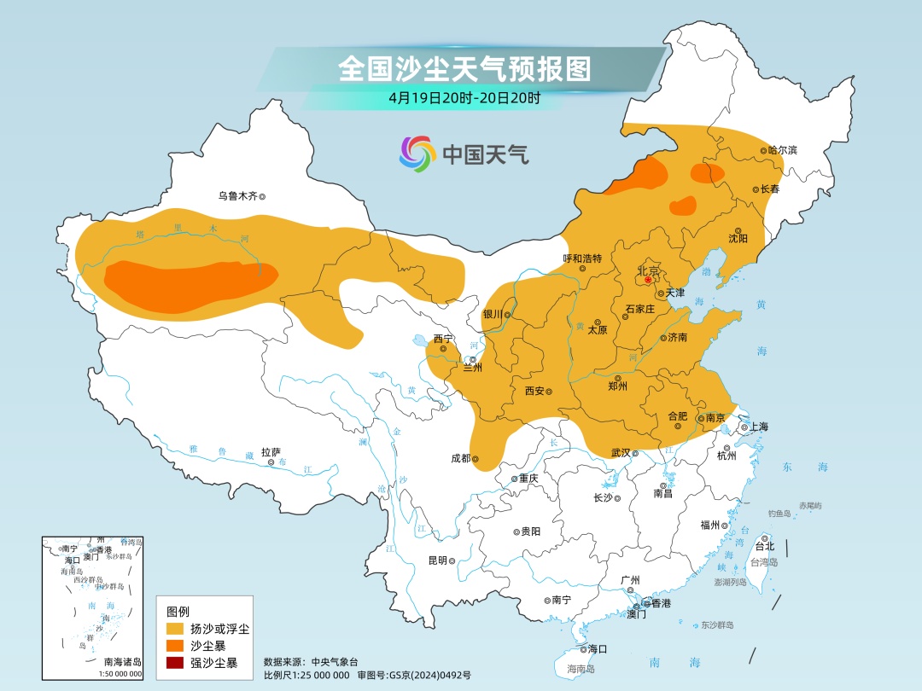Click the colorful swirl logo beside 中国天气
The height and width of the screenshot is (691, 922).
417,154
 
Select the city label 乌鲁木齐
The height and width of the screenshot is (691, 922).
236,196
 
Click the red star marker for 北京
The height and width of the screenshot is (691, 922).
648,279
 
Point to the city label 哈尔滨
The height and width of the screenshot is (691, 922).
782,150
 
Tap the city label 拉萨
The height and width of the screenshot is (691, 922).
271,453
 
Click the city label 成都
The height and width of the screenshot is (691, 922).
460,458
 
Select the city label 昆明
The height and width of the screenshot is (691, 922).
437,560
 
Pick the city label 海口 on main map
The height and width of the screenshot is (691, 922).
597,649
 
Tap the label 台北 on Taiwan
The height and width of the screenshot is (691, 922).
765,546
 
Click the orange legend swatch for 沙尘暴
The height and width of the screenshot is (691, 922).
175,646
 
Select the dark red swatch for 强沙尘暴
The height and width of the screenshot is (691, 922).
175,662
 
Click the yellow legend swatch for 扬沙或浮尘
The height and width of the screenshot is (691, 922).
175,630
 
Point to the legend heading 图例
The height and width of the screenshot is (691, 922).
178,612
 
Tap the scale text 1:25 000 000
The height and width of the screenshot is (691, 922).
320,675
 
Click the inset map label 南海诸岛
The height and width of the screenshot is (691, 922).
123,662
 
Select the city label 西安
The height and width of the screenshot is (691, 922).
534,392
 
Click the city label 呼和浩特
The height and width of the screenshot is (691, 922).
582,258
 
